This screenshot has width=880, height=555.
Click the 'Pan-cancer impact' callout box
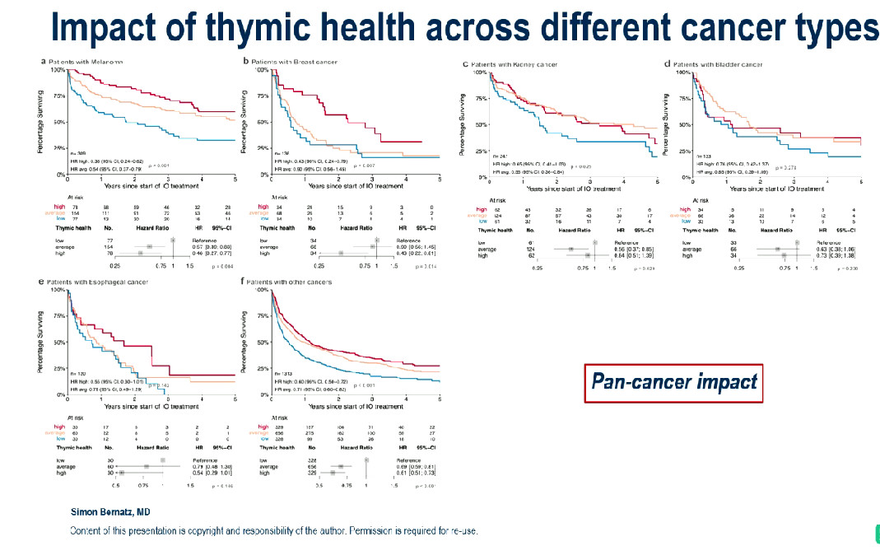click(673, 383)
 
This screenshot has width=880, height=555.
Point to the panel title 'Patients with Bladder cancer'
click(723, 64)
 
